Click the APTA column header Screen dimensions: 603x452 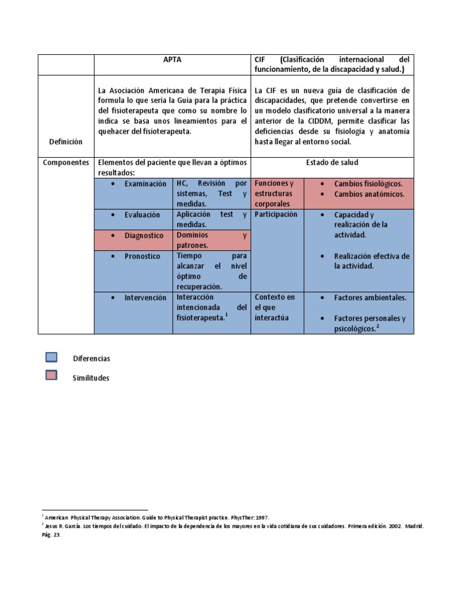click(172, 60)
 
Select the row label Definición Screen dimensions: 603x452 click(66, 142)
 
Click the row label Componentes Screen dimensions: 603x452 click(66, 162)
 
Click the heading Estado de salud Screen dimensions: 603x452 click(332, 162)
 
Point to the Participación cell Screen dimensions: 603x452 click(276, 215)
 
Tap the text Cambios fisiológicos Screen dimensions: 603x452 click(368, 184)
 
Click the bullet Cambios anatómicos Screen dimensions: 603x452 click(369, 194)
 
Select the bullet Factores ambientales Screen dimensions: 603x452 click(370, 297)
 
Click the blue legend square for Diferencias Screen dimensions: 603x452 click(51, 357)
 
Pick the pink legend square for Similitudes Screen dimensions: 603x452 click(51, 376)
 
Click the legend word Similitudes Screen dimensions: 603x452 click(91, 378)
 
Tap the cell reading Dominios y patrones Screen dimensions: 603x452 click(211, 240)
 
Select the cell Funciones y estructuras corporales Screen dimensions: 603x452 click(277, 194)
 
